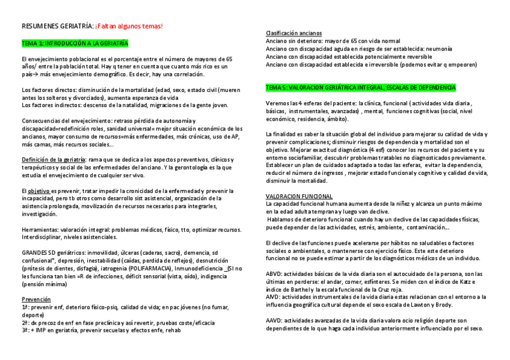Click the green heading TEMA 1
[x=75, y=44]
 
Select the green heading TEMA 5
[x=360, y=88]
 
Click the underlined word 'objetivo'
[x=40, y=191]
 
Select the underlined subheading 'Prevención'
[x=36, y=299]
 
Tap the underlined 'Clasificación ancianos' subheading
[x=293, y=33]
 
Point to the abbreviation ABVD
[x=274, y=274]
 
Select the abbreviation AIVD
[x=273, y=297]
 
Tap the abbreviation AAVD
[x=274, y=321]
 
